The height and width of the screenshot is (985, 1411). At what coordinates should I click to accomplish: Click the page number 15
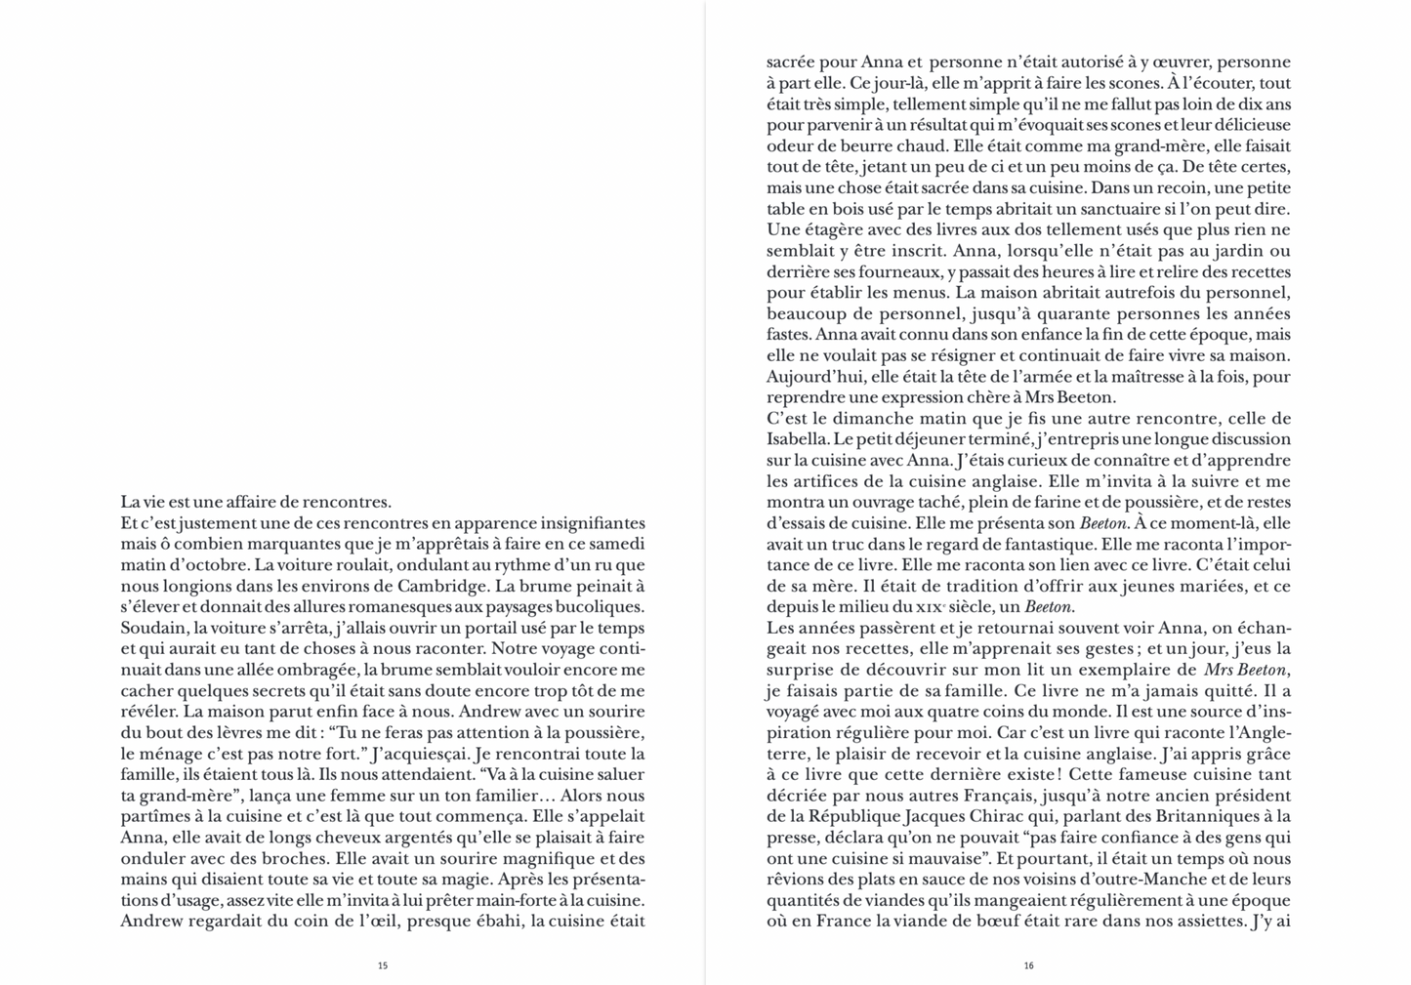pyautogui.click(x=383, y=965)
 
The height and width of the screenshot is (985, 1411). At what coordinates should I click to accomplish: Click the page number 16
pyautogui.click(x=1028, y=965)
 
